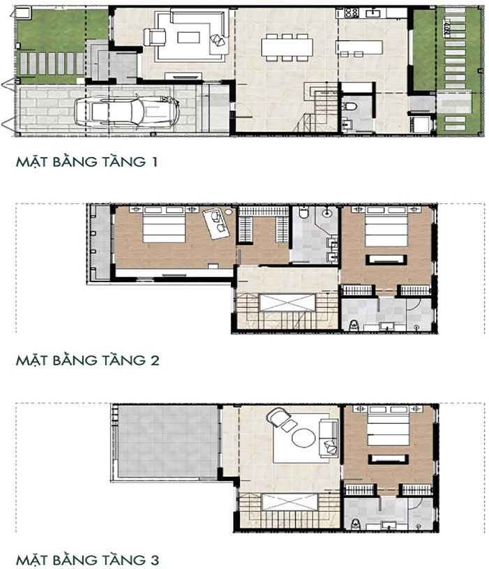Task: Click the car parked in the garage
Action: coord(127,111)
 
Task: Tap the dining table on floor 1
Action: coord(287,47)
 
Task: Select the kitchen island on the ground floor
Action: coord(359,47)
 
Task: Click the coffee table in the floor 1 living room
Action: coord(188,38)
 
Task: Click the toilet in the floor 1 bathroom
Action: coord(349,106)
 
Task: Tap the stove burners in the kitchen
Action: coord(351,13)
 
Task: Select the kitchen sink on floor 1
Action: coord(373,13)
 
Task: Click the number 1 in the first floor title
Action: coord(154,162)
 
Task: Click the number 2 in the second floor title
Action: coord(155,360)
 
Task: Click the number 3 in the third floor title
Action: coord(155,559)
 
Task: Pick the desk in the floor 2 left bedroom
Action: coord(216,223)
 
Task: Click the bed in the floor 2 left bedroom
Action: coord(164,225)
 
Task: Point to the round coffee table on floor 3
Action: coord(303,438)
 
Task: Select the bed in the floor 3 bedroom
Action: coord(389,426)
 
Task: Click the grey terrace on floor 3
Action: coord(167,442)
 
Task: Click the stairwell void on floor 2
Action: coord(287,302)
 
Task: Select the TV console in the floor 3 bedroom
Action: coord(389,459)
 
